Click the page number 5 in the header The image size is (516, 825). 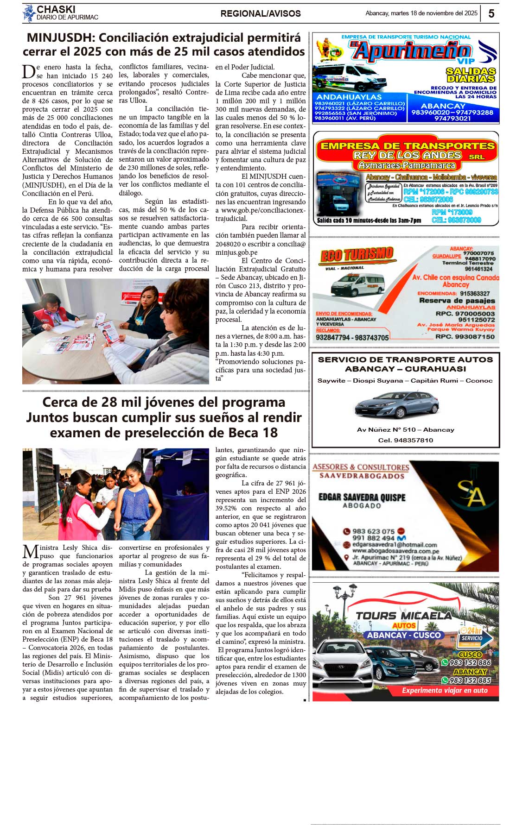pos(491,13)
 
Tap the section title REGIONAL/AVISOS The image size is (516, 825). pos(261,14)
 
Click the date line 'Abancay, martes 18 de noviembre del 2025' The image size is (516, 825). pos(421,13)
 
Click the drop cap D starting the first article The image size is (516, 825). pos(28,72)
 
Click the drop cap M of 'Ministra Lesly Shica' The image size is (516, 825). pos(30,552)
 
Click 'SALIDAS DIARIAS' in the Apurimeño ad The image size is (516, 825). pos(471,75)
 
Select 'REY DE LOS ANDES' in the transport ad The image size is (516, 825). pos(407,155)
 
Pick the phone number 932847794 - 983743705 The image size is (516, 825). pos(352,338)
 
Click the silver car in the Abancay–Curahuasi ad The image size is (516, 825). pos(396,404)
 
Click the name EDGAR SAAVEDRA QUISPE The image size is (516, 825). pos(362,498)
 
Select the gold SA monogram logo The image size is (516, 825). pos(471,495)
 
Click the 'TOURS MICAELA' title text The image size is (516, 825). pos(403,616)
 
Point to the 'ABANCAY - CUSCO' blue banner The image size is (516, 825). pos(404,635)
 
